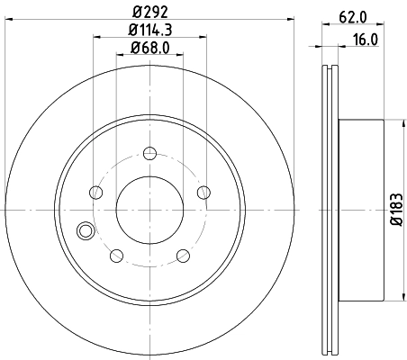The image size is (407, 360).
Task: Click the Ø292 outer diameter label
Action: [150, 12]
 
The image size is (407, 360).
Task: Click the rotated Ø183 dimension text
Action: [394, 209]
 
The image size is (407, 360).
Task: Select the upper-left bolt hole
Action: [96, 190]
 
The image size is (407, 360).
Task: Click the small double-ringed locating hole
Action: [86, 230]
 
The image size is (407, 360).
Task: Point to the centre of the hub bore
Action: [149, 209]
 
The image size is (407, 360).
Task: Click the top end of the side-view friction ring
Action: [329, 70]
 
